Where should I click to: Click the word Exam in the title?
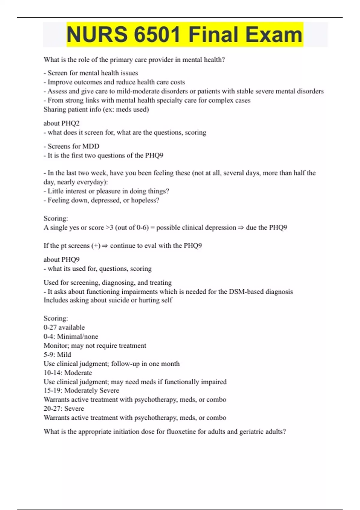[274, 34]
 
